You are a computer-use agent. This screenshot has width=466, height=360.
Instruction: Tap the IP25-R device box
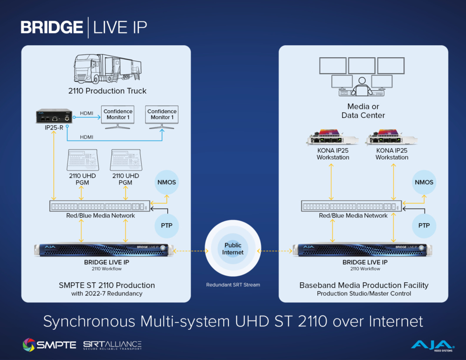[x=54, y=117]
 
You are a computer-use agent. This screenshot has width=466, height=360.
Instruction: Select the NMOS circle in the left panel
[x=167, y=182]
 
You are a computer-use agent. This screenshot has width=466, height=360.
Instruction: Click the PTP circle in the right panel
[x=424, y=225]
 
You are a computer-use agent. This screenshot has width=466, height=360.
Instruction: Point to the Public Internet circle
[x=233, y=249]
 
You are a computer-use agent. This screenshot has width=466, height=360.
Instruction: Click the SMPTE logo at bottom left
[x=49, y=345]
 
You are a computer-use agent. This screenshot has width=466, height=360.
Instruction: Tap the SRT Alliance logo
[x=112, y=345]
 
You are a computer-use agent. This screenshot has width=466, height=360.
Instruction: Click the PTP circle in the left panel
[x=167, y=225]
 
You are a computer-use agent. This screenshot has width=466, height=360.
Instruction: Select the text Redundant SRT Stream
[x=233, y=285]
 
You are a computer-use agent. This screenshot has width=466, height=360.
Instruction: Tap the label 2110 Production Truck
[x=108, y=91]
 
